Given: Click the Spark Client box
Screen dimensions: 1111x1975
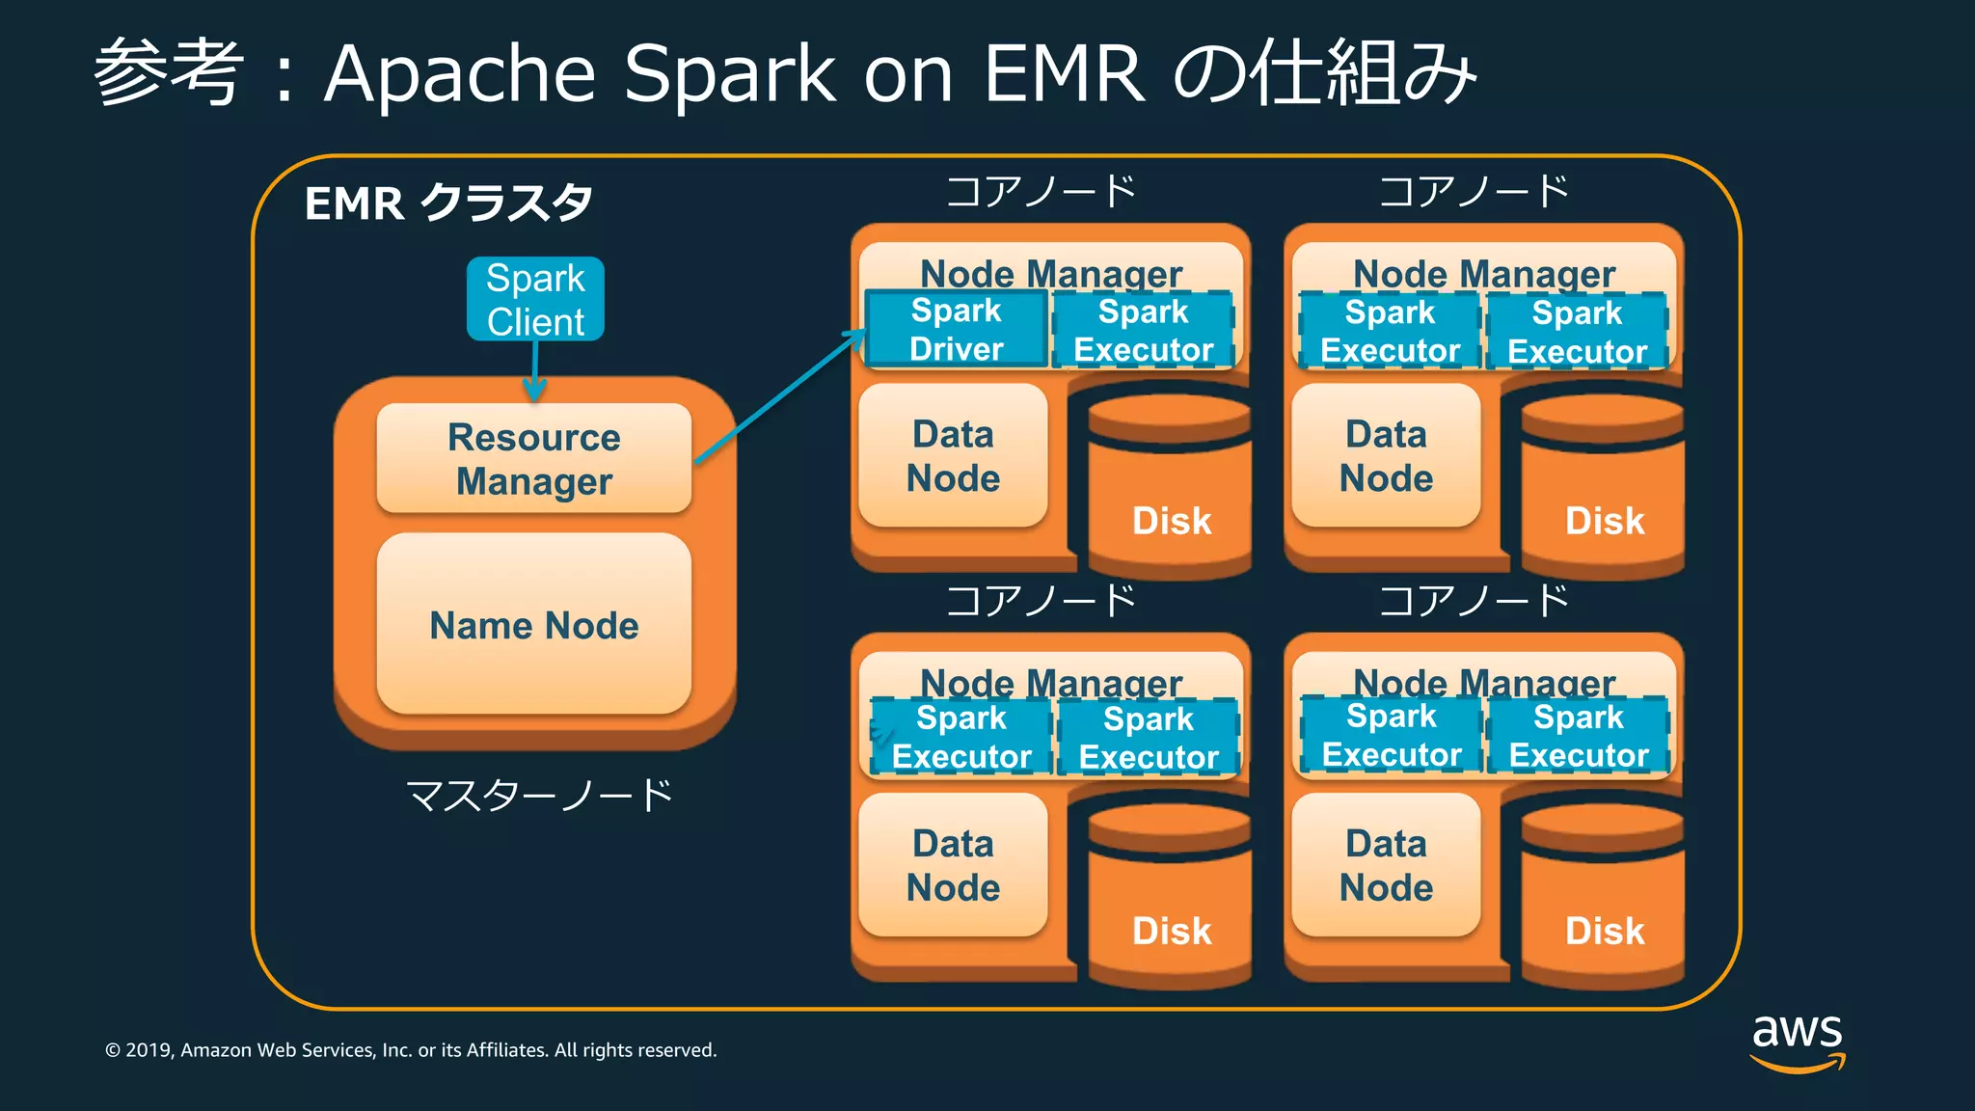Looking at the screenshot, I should pyautogui.click(x=535, y=299).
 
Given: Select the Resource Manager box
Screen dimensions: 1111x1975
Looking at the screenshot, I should pyautogui.click(x=534, y=458).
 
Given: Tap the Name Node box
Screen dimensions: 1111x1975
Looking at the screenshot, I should pyautogui.click(x=534, y=625).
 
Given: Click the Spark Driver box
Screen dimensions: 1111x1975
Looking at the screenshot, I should pyautogui.click(x=956, y=330).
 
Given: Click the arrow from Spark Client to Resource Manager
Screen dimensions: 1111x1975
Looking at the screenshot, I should pyautogui.click(x=535, y=371).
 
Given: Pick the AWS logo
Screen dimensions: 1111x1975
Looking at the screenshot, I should pyautogui.click(x=1798, y=1042).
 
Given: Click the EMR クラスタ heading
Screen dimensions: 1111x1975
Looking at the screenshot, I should pyautogui.click(x=448, y=203).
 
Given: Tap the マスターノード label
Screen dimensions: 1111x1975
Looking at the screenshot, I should pyautogui.click(x=539, y=797).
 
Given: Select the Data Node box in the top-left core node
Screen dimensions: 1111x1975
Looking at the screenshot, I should pyautogui.click(x=953, y=456).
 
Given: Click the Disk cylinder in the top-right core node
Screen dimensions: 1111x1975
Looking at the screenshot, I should pyautogui.click(x=1603, y=487).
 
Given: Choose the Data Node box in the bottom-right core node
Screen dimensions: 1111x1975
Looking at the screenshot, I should pyautogui.click(x=1386, y=865).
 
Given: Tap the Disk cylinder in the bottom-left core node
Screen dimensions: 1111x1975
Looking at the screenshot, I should pyautogui.click(x=1170, y=897).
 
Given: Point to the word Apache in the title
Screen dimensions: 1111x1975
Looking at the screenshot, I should pyautogui.click(x=461, y=73).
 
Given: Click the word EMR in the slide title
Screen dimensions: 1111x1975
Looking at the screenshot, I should pyautogui.click(x=1065, y=73).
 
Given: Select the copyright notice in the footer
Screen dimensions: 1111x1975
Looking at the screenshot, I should pyautogui.click(x=411, y=1050).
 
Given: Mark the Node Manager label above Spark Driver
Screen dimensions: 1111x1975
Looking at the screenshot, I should pyautogui.click(x=1051, y=273).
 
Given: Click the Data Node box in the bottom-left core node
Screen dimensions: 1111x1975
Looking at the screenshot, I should pyautogui.click(x=953, y=865).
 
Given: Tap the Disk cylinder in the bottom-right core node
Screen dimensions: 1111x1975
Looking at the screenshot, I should pyautogui.click(x=1603, y=897).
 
